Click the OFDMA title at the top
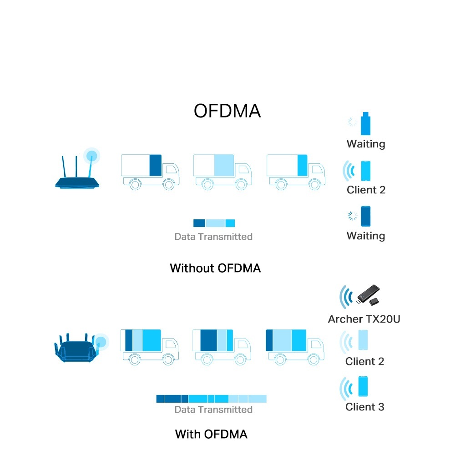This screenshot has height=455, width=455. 227,111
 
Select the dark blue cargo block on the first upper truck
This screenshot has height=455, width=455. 156,166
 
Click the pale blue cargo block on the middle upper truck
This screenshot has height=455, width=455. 224,166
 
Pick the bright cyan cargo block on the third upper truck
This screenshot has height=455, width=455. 303,166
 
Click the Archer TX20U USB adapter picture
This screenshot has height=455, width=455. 368,295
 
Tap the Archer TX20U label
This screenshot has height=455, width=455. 364,319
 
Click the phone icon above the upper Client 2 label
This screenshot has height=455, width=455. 366,171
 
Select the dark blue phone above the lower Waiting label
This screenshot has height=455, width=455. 366,216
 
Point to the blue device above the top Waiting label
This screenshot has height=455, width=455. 366,124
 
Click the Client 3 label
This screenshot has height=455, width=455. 365,407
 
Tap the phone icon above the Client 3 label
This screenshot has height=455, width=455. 363,386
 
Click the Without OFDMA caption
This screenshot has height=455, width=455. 215,268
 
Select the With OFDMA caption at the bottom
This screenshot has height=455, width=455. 211,435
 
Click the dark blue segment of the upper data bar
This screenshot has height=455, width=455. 199,223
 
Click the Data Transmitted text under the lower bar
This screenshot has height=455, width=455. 213,409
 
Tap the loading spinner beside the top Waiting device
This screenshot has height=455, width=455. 353,122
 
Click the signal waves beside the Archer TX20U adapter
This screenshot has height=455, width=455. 346,297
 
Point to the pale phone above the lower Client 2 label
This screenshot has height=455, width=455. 363,340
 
